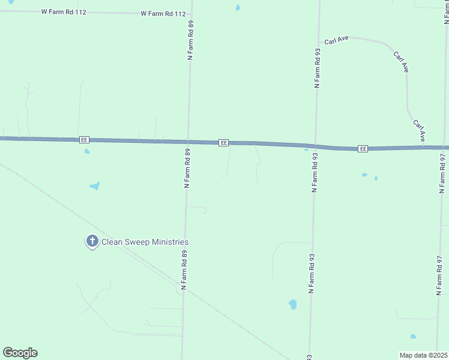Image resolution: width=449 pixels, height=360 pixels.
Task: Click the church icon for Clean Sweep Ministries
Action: (x=92, y=241)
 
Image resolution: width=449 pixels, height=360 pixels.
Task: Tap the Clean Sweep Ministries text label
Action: (x=145, y=242)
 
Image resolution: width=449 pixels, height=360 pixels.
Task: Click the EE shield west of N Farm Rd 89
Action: (x=84, y=139)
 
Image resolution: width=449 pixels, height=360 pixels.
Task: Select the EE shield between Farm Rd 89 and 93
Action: (x=223, y=143)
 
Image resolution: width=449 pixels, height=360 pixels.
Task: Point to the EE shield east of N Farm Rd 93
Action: (x=362, y=148)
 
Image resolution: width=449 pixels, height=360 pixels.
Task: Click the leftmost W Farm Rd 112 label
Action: (x=64, y=12)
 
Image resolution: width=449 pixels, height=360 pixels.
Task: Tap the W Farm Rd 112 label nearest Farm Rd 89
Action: (x=162, y=13)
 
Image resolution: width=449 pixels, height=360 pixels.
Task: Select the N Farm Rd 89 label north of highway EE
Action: (x=190, y=40)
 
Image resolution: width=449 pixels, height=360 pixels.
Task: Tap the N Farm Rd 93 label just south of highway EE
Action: (x=314, y=172)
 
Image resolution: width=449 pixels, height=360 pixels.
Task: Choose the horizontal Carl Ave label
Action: (x=336, y=41)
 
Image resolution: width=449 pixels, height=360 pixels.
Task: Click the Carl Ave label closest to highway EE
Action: (x=419, y=130)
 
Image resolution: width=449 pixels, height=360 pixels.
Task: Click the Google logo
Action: (x=20, y=353)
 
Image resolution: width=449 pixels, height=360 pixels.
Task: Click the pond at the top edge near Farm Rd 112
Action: (x=238, y=8)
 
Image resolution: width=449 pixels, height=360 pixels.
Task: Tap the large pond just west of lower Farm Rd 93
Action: (x=293, y=304)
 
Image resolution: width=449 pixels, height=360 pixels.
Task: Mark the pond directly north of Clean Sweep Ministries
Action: (x=94, y=186)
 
